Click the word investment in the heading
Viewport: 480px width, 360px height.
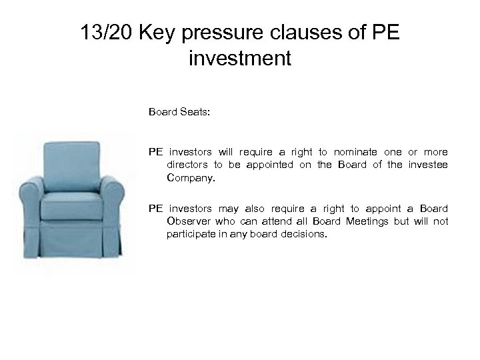[x=240, y=59]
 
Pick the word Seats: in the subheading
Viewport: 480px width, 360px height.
[x=195, y=113]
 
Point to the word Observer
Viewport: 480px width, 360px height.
[x=187, y=221]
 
